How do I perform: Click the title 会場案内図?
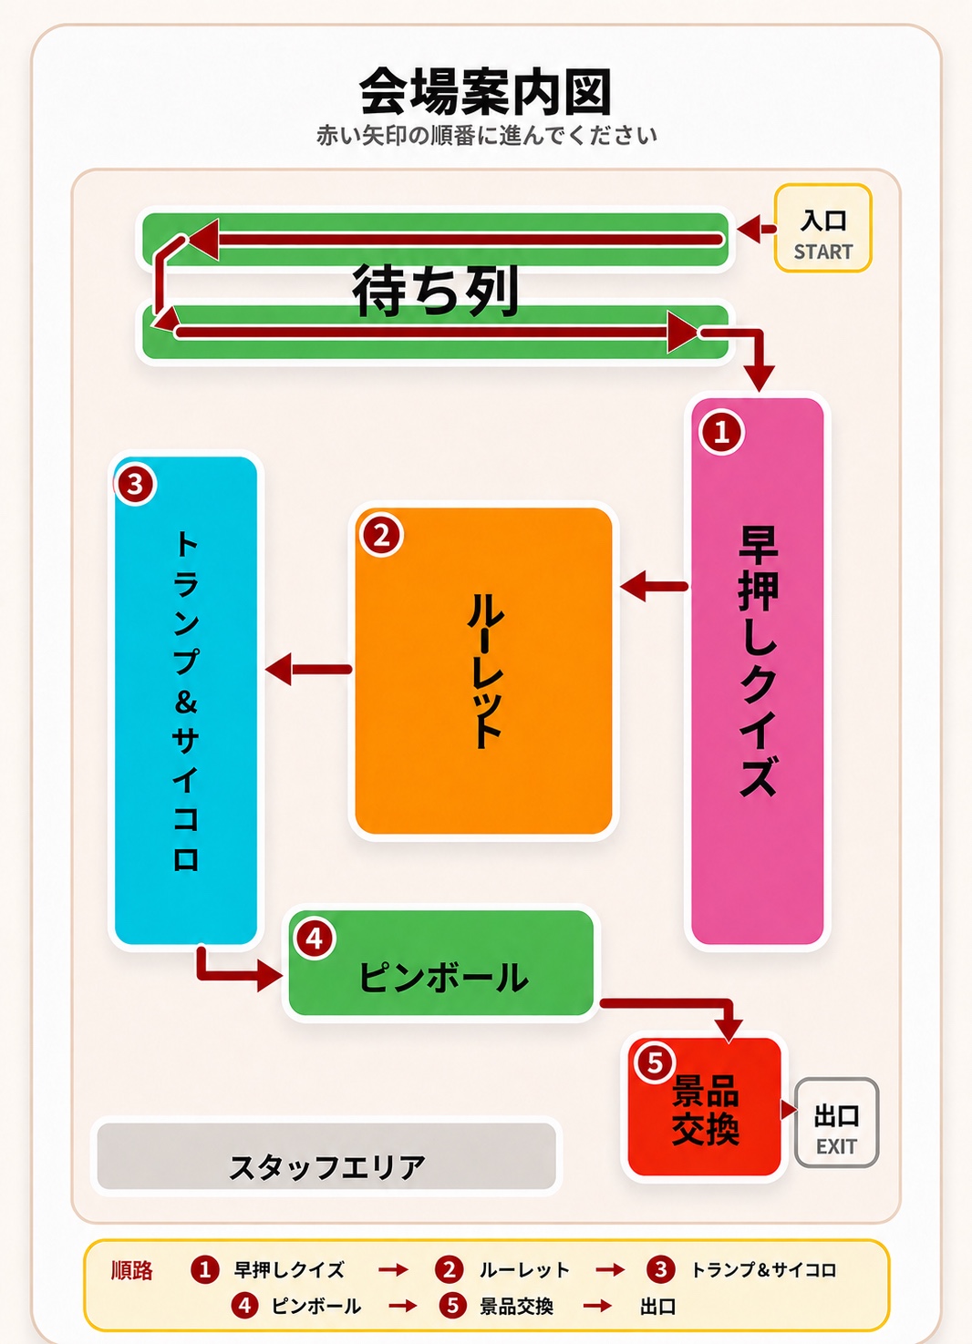pos(485,91)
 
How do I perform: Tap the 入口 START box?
pos(822,228)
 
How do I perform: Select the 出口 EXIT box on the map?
pos(836,1131)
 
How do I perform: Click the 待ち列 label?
pos(435,290)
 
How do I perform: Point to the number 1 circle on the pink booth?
pos(721,431)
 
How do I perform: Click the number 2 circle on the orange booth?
pos(382,535)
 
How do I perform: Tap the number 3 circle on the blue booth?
pos(135,484)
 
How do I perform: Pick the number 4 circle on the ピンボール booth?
pos(315,939)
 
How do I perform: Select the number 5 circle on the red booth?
pos(655,1063)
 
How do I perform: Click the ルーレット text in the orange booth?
pos(485,671)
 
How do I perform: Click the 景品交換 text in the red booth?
pos(706,1110)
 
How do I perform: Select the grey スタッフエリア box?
pos(326,1164)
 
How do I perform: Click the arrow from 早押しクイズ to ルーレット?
pos(654,586)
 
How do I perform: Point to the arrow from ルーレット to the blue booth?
pos(308,669)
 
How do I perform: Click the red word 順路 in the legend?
pos(132,1269)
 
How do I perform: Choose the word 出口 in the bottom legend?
pos(658,1307)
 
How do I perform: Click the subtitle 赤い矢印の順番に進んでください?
pos(486,136)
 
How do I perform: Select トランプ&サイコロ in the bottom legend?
pos(764,1269)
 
